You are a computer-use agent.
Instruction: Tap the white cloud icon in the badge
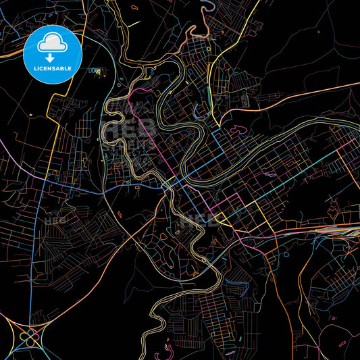[52, 43]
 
